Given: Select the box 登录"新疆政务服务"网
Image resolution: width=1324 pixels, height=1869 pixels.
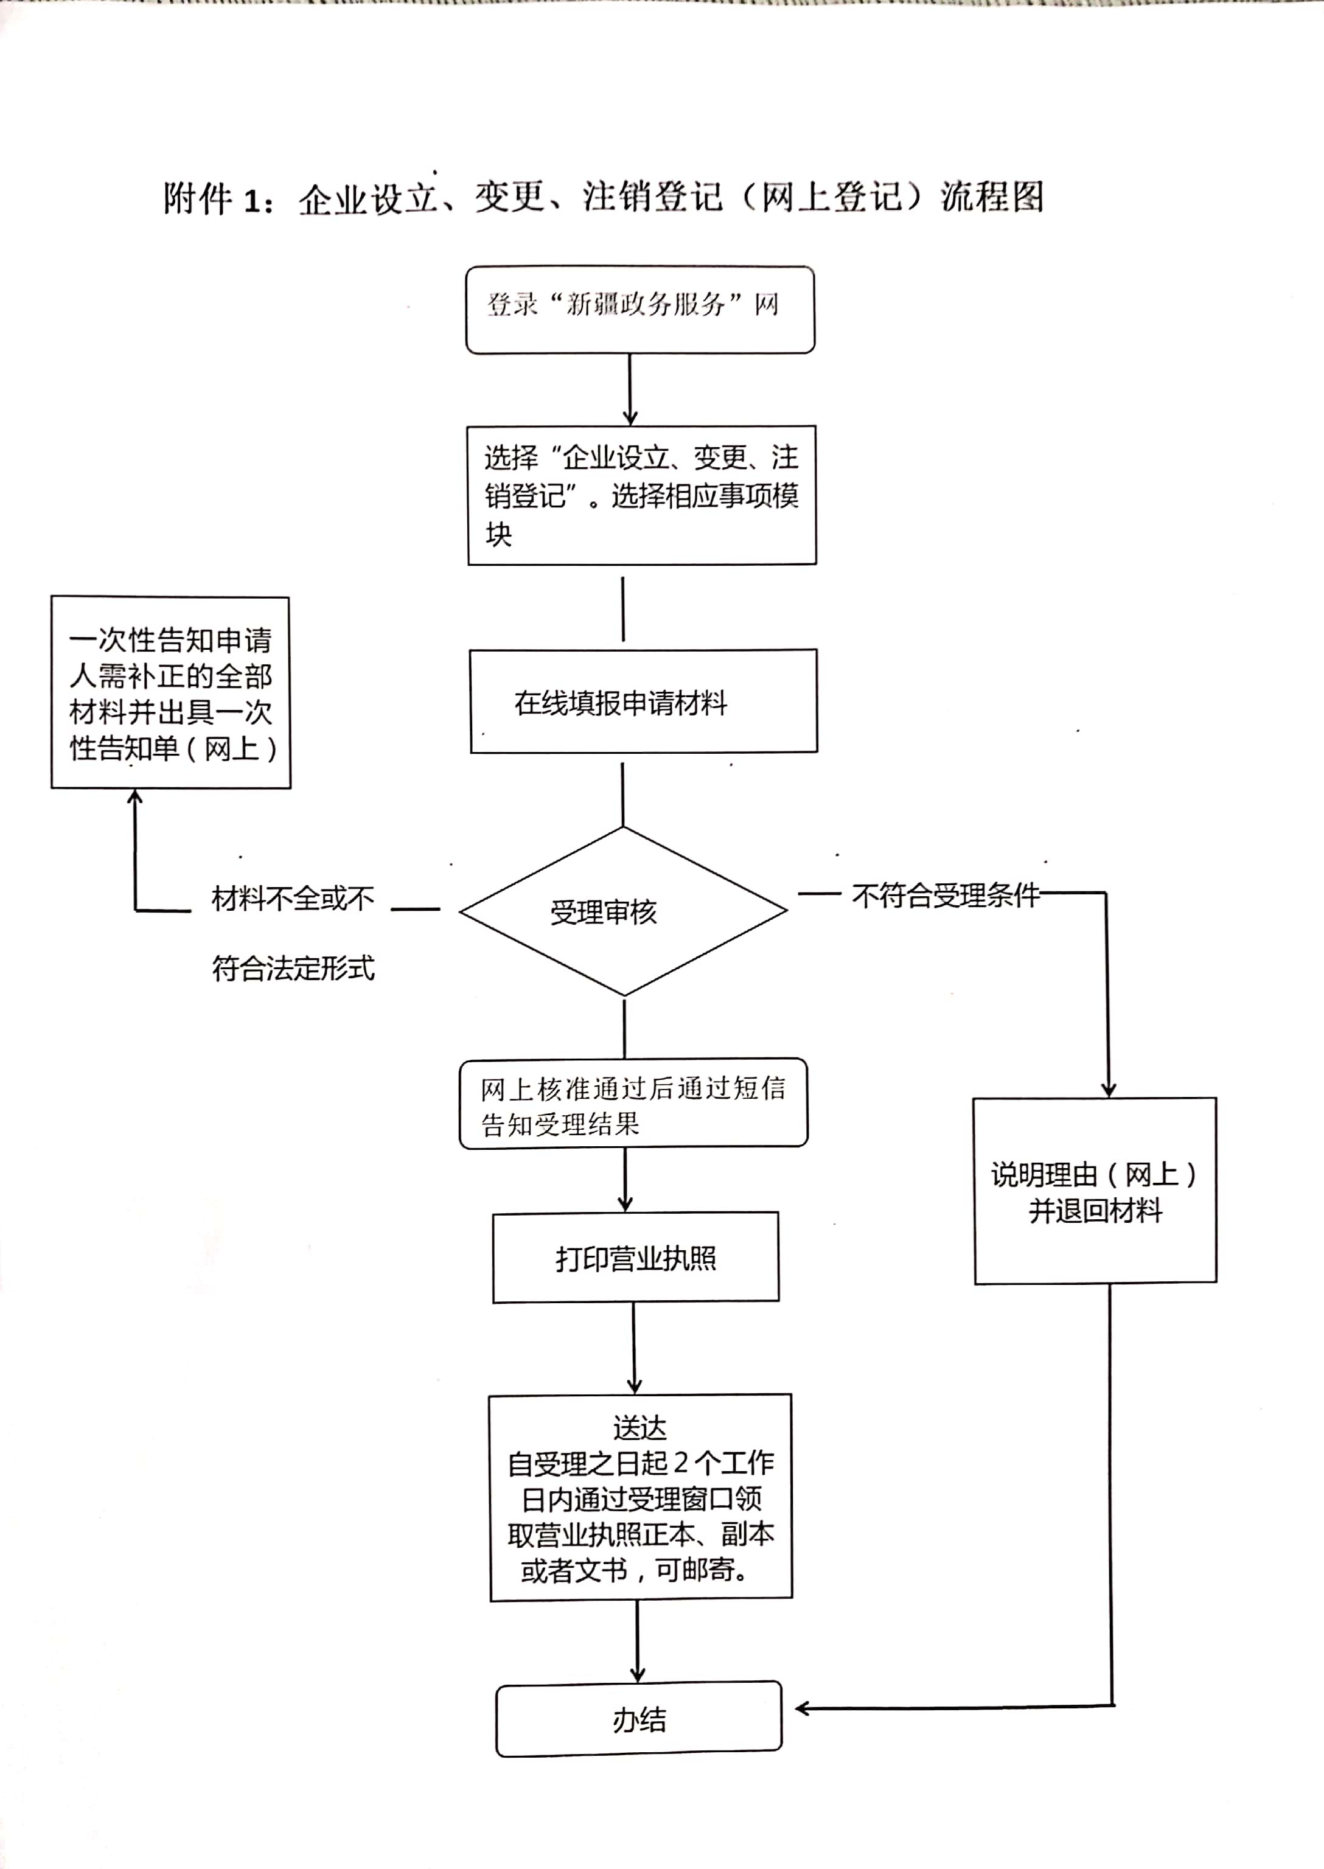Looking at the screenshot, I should click(x=640, y=310).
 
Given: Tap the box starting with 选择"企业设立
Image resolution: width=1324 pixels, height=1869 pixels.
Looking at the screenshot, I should click(x=642, y=495).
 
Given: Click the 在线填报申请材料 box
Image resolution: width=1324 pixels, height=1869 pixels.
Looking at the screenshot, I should click(x=643, y=701).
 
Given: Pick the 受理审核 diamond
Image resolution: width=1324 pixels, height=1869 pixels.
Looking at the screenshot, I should click(x=623, y=911).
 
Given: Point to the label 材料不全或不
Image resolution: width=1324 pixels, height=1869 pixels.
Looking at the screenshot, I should click(x=293, y=898).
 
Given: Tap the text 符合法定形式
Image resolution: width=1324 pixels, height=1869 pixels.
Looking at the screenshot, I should click(x=293, y=969).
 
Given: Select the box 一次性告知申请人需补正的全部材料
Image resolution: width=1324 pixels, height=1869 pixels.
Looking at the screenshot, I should click(x=170, y=693).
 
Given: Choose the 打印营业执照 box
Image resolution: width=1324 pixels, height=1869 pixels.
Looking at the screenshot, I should click(x=636, y=1258).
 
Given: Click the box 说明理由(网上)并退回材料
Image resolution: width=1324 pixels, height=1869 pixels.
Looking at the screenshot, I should click(x=1095, y=1191).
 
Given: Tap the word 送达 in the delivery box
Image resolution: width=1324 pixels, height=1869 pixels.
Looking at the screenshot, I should click(x=640, y=1428).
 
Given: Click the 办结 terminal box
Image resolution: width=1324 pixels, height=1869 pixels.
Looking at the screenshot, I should click(x=639, y=1719).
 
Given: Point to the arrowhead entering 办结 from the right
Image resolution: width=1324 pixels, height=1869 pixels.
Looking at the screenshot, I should click(x=802, y=1708).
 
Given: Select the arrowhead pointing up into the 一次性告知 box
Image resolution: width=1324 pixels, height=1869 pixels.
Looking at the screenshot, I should click(x=135, y=796).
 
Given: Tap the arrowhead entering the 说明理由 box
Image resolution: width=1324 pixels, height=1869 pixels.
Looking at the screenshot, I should click(x=1108, y=1089).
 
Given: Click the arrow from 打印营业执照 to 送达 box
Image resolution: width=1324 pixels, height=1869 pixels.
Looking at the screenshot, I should click(x=634, y=1348).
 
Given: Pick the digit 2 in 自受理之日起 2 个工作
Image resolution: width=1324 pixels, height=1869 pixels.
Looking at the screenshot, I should click(x=681, y=1463).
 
